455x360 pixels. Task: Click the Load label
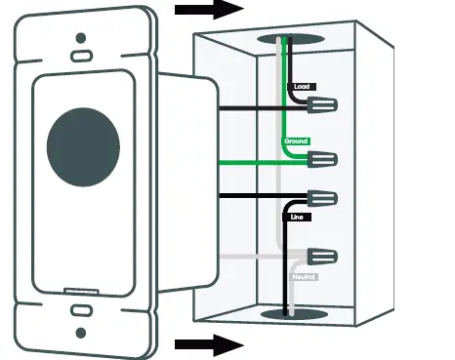[x=303, y=87]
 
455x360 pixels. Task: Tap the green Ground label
[x=296, y=141]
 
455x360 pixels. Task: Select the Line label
[x=299, y=217]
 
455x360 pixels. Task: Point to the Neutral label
[x=302, y=277]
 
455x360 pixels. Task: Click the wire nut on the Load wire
[x=325, y=102]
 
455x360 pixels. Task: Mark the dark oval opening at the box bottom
[x=290, y=314]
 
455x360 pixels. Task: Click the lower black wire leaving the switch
[x=244, y=196]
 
